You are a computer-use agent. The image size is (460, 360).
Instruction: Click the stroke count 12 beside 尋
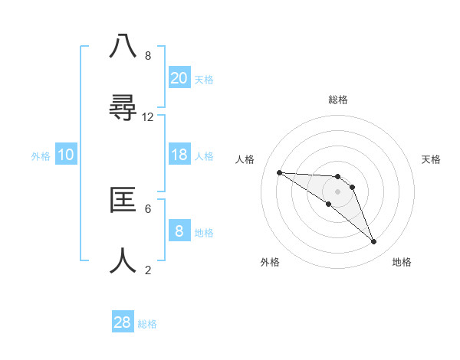coord(148,117)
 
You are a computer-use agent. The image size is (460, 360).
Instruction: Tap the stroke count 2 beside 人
coord(148,270)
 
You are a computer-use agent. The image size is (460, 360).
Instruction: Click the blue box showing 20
coord(179,78)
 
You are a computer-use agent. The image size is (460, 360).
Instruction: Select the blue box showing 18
coord(179,155)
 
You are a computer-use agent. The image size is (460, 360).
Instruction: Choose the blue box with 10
coord(66,155)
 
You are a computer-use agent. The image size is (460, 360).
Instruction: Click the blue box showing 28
coord(123,322)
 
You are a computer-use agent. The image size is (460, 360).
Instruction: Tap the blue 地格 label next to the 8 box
coord(205,233)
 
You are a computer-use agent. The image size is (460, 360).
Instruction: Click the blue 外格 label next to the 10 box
coord(41,156)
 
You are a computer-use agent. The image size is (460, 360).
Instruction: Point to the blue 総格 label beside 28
coord(147,324)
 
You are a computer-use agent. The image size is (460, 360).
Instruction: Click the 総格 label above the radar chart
coord(338,100)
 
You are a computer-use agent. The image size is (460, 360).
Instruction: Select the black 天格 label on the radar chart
coord(432,159)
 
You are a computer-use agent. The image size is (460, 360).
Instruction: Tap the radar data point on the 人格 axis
coord(279,172)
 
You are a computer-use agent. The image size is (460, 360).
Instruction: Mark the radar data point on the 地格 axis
coord(373,242)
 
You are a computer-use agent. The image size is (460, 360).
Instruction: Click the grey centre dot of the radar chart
coord(337,191)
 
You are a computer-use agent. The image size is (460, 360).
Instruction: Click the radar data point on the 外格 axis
coord(328,204)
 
